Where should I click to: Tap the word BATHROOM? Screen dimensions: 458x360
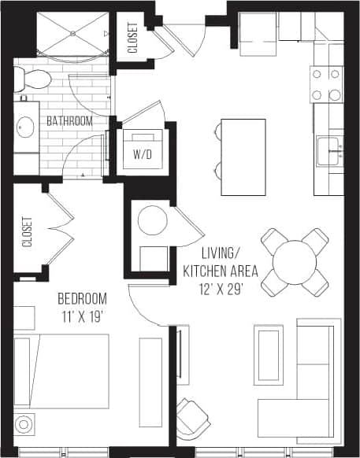[69, 121]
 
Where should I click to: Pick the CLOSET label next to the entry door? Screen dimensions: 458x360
[132, 36]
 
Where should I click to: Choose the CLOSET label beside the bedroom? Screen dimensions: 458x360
[28, 232]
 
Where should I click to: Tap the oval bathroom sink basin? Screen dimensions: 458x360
[25, 126]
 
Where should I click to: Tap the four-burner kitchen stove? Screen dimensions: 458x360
[326, 84]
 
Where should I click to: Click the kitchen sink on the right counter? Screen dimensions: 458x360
[329, 150]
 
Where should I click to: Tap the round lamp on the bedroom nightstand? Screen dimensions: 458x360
[24, 425]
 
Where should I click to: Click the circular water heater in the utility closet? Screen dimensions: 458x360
[152, 220]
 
